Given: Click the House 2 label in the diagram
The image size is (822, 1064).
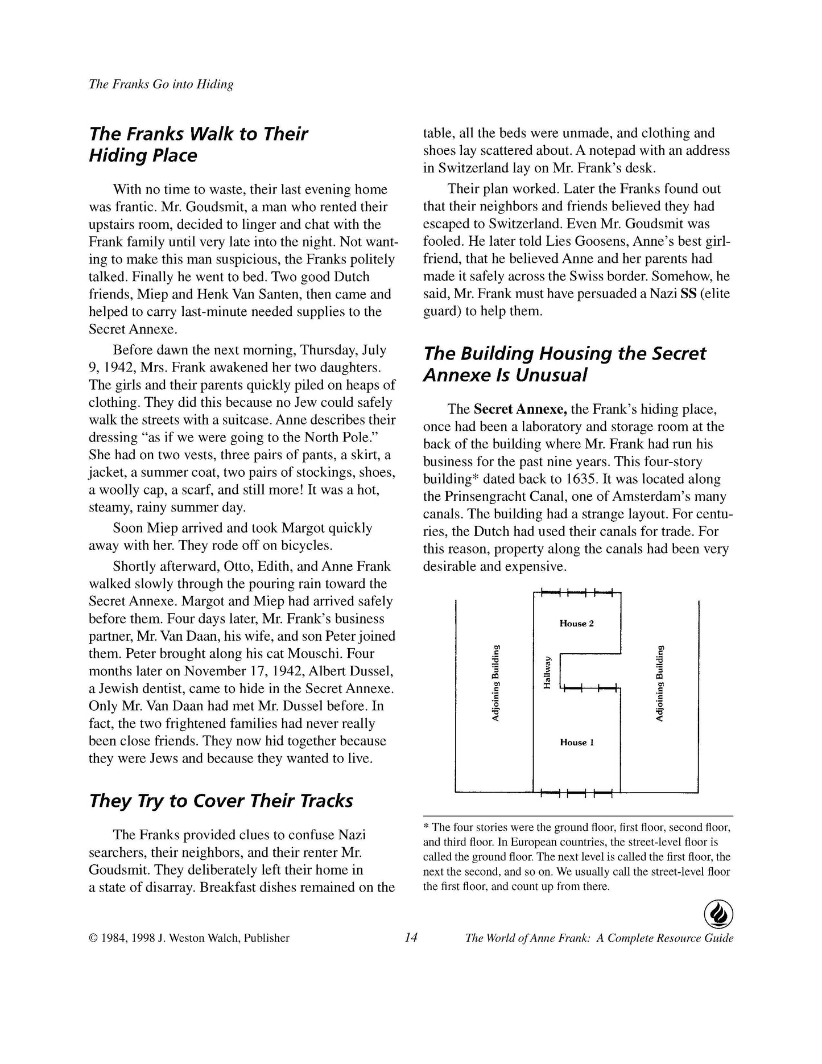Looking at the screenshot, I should click(x=576, y=624).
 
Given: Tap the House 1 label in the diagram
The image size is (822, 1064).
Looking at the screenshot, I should click(x=576, y=743).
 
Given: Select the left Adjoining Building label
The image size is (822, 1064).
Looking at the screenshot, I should click(x=495, y=683).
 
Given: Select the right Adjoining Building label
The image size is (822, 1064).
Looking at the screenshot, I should click(x=659, y=683).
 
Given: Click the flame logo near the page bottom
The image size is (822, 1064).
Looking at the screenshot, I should click(x=718, y=915).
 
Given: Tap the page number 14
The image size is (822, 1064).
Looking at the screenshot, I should click(x=411, y=938).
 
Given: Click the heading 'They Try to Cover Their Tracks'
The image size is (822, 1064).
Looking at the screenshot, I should click(x=221, y=801).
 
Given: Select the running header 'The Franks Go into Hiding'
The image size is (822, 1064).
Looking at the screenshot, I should click(x=161, y=84).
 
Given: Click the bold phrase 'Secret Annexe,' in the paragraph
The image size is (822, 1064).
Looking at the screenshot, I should click(x=520, y=409).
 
